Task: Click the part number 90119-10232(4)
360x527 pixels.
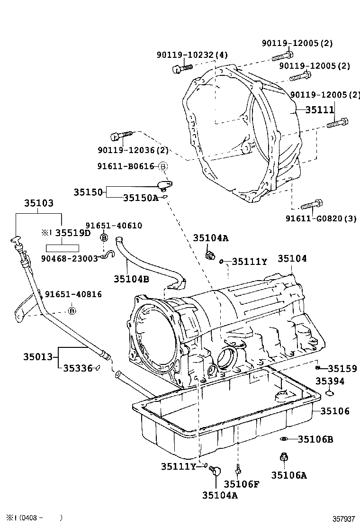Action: [192, 55]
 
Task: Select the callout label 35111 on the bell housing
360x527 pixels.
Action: [319, 109]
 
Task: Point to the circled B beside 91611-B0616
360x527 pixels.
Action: [162, 166]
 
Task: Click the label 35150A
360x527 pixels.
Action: [140, 198]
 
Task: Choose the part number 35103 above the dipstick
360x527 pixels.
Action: [39, 203]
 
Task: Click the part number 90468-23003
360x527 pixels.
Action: [69, 258]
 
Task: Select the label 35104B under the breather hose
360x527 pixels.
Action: [131, 279]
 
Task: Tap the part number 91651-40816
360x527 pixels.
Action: [73, 294]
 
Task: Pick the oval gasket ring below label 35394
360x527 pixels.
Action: [330, 392]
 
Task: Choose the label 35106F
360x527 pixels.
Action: [242, 484]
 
